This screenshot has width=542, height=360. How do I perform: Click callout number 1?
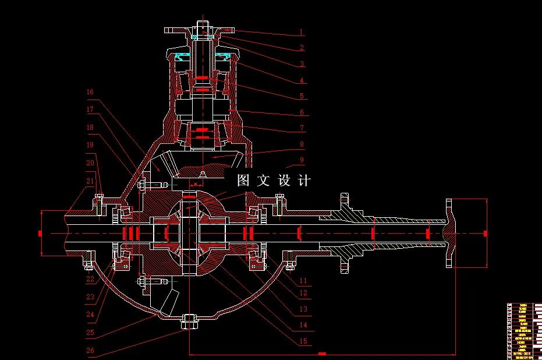click(x=302, y=33)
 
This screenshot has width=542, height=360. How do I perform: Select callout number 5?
click(x=302, y=96)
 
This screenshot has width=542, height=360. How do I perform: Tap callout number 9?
click(x=302, y=160)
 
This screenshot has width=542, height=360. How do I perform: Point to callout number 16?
click(x=90, y=92)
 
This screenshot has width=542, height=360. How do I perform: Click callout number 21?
click(x=90, y=181)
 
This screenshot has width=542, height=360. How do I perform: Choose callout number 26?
click(x=90, y=351)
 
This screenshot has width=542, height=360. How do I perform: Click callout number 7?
click(x=302, y=128)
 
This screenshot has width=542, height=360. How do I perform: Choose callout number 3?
click(x=302, y=64)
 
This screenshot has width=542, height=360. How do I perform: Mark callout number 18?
click(x=90, y=127)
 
